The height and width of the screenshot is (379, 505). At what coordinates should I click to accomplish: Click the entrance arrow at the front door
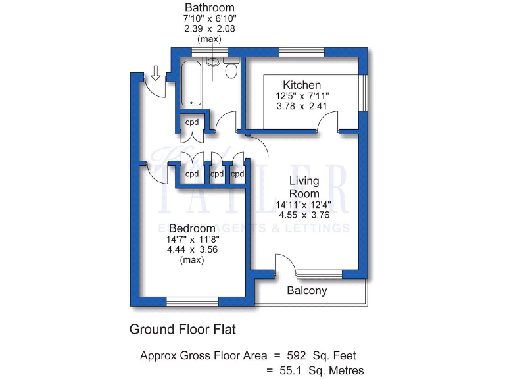[156, 72]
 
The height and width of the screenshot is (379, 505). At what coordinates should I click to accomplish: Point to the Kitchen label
[302, 85]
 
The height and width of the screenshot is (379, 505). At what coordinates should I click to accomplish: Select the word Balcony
[306, 290]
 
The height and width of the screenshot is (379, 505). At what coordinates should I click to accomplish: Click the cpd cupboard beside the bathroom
[191, 122]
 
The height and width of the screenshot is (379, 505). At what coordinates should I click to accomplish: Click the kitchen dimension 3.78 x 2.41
[302, 106]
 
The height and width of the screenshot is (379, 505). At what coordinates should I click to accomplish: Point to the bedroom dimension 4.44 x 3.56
[192, 249]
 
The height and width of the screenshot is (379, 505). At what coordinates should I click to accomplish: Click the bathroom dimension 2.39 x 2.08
[210, 29]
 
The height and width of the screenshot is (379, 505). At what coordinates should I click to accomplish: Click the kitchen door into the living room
[327, 122]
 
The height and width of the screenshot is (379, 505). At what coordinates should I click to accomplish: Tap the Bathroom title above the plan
[210, 8]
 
